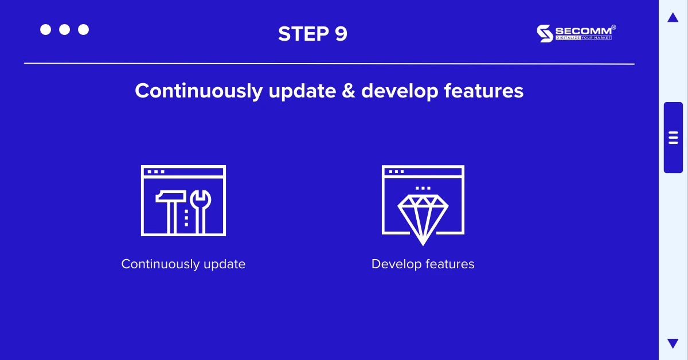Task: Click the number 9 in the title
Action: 341,33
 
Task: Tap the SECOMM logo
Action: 576,33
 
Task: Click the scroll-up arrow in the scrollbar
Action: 673,18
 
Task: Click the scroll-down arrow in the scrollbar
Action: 673,343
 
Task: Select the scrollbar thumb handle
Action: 673,138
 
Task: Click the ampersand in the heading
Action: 349,91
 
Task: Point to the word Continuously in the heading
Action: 199,91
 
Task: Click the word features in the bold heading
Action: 483,91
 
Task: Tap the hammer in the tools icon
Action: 171,212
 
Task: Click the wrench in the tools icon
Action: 200,212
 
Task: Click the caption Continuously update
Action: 183,264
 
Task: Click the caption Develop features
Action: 423,264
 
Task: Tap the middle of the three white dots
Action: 64,30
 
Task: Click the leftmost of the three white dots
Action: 45,30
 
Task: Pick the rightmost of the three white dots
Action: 83,30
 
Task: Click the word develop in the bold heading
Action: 400,91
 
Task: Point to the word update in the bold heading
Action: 302,91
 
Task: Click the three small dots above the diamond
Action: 423,188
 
